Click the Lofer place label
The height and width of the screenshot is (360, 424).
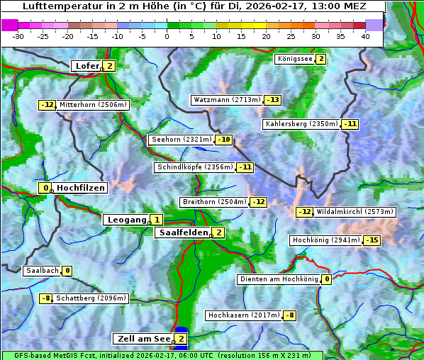coord(87,66)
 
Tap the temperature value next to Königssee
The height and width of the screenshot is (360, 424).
coord(320,59)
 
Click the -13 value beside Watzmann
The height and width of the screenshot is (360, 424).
coord(272,100)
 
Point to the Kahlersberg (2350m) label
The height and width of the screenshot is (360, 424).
coord(301,124)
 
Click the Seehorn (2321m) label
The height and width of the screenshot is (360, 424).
coord(182,140)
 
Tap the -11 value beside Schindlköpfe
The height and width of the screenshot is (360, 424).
coord(245,167)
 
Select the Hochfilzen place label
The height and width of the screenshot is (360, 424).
coord(80,188)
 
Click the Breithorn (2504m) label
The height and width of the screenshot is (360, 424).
coord(214,202)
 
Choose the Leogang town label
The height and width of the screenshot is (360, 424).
coord(126,220)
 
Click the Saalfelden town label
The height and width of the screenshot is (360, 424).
coord(182,232)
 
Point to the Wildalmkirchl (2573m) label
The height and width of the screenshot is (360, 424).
coord(355,212)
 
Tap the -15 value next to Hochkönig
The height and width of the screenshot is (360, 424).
coord(372,240)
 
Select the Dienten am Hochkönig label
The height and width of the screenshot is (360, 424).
coord(279,279)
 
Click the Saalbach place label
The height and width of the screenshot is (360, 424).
coord(42,271)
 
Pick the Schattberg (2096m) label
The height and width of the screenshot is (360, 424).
coord(91,298)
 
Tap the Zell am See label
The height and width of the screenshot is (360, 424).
coord(143,339)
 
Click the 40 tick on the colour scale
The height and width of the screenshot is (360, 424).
coord(365,36)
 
